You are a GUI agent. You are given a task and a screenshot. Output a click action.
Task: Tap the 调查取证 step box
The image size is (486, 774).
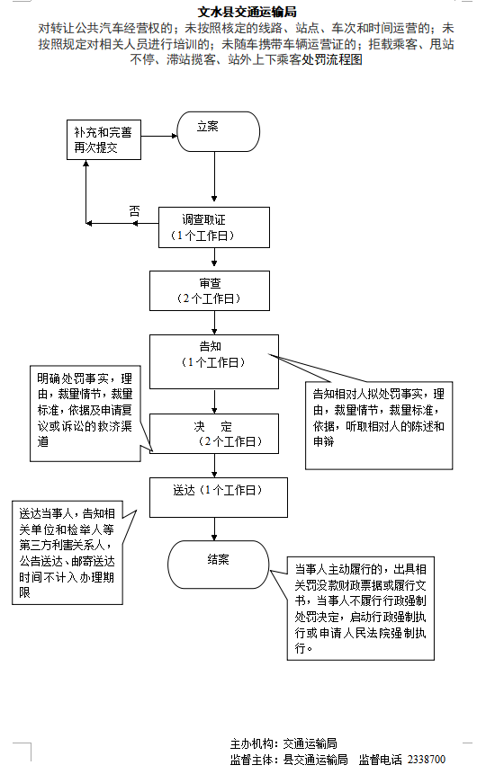(214, 227)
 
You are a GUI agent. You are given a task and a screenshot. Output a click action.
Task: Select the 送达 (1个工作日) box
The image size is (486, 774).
(219, 497)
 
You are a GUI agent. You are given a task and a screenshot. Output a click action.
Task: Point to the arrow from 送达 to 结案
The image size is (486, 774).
(214, 529)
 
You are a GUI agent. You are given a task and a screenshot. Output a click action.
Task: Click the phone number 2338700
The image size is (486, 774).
(426, 759)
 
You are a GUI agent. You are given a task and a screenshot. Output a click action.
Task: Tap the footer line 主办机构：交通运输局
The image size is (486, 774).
(283, 743)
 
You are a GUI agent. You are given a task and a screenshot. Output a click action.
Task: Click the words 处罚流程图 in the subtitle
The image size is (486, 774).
(331, 58)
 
